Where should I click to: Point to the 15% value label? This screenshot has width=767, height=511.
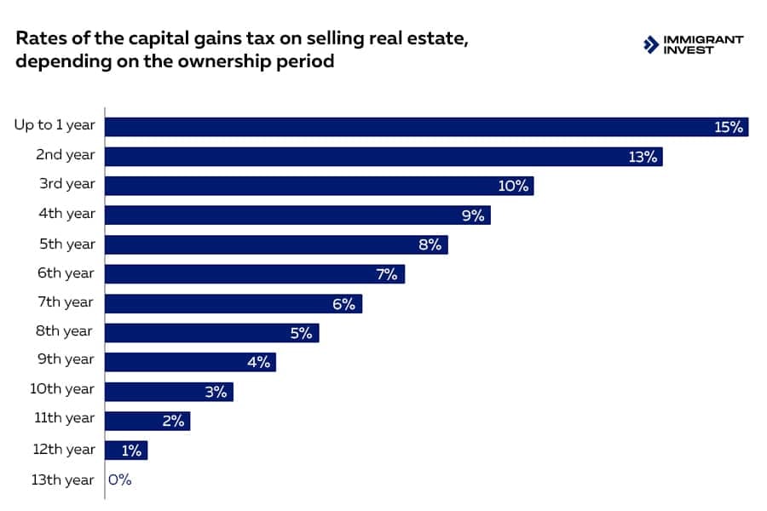(x=730, y=128)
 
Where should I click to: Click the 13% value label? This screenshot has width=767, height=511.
(x=643, y=157)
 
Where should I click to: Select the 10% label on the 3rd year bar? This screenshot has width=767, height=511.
(x=514, y=186)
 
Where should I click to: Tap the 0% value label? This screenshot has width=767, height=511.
(x=120, y=479)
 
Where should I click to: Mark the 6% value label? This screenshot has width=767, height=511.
(x=343, y=303)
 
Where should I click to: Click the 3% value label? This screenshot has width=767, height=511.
(x=216, y=392)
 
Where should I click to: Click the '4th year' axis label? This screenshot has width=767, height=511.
(x=66, y=215)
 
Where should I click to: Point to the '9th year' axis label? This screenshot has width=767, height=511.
(x=66, y=359)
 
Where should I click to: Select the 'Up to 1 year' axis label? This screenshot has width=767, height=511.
(x=55, y=125)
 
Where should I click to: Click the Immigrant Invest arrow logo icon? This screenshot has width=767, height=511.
(x=650, y=44)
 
